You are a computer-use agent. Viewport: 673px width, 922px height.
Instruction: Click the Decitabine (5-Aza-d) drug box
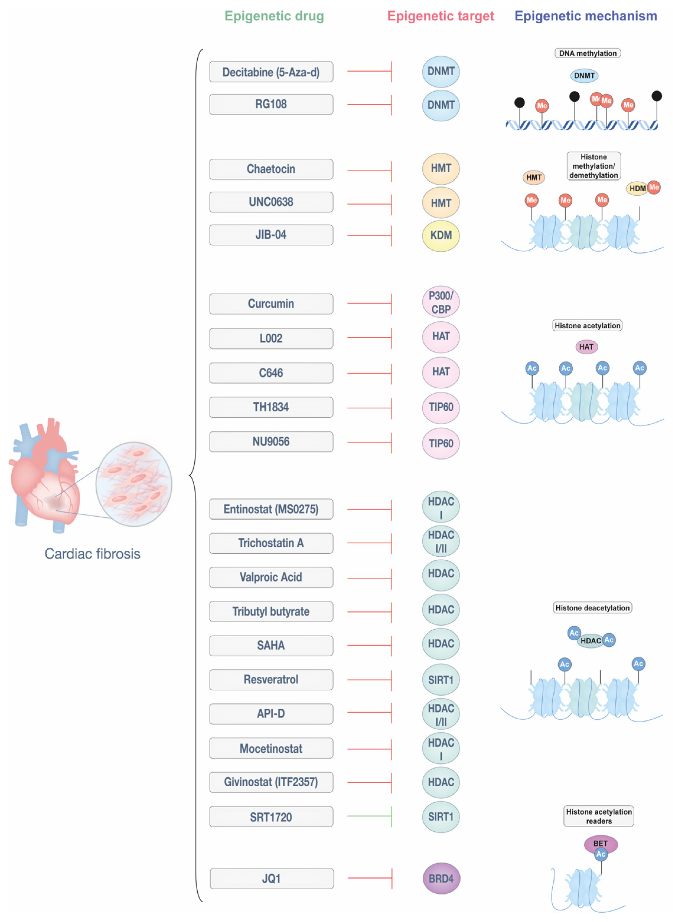tap(271, 72)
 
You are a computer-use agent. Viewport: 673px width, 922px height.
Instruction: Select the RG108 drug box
tap(271, 104)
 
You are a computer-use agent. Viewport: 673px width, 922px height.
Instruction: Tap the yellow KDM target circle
tap(441, 236)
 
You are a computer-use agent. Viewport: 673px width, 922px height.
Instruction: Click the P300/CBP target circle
tap(441, 302)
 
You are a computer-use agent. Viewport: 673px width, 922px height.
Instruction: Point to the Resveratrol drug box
tap(271, 680)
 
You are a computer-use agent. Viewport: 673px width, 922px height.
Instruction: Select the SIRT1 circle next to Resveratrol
tap(441, 680)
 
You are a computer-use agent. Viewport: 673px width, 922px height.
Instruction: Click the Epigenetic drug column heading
tap(274, 16)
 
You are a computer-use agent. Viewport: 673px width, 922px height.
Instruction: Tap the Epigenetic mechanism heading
tap(586, 16)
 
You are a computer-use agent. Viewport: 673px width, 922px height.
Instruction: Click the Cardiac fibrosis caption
tap(92, 554)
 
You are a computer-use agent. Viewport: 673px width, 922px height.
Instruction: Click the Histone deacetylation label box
tap(593, 608)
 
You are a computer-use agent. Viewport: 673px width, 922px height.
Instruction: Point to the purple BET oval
tap(601, 843)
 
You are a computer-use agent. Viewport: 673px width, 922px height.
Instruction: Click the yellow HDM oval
tap(637, 189)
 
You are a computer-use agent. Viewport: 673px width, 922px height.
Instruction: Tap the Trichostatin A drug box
tap(271, 543)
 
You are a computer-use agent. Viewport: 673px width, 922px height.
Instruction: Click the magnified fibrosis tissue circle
tap(134, 484)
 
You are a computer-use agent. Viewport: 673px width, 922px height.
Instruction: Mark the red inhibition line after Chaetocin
tap(369, 170)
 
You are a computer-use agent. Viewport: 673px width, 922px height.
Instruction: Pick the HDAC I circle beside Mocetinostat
tap(441, 749)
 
